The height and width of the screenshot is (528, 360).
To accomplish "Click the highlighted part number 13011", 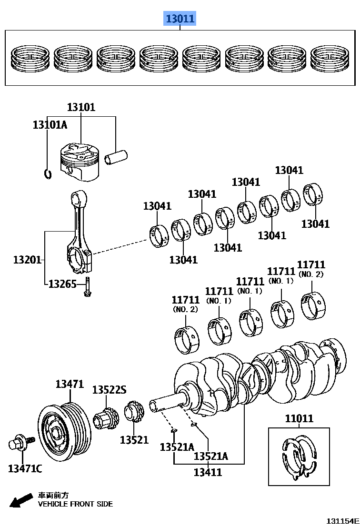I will coord(180,19).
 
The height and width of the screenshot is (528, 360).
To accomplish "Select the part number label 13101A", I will coord(50,125).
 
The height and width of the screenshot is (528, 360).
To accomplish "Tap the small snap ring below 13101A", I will coord(47,173).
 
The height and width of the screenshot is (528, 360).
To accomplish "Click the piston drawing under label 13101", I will coord(80,162).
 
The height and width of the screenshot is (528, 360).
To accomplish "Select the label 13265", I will coord(62,284).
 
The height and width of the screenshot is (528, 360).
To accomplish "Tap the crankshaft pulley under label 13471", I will coord(63,428).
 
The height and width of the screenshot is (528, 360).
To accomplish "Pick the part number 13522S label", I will coord(109,390).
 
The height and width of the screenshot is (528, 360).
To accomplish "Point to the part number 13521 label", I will coord(134,440).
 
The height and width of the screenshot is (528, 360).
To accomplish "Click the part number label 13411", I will coord(208,472).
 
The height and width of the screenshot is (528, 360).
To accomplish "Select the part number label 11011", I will coord(299,419).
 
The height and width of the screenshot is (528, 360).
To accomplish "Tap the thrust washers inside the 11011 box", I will coord(299,457).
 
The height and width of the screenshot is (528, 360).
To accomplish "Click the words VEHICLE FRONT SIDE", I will coord(75,504).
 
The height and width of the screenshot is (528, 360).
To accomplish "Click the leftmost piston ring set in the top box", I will coord(30,59).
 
